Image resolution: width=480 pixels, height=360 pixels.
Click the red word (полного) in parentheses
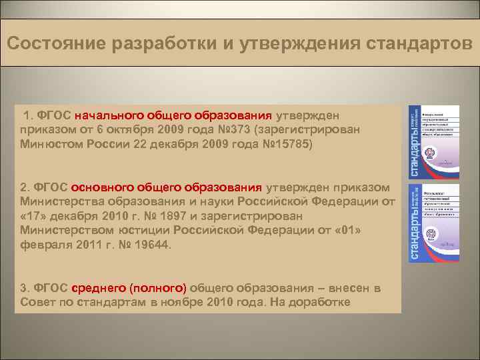157,288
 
